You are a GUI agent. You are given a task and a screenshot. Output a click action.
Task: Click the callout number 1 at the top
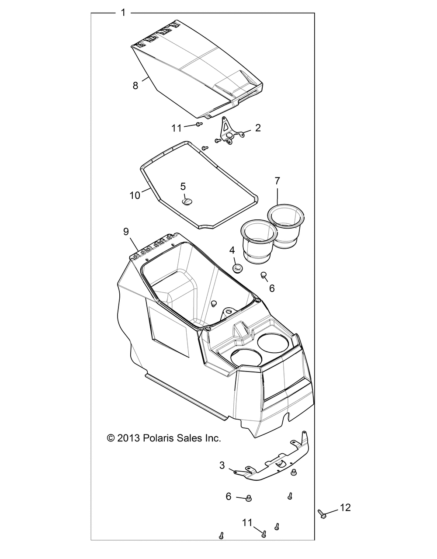click(x=123, y=12)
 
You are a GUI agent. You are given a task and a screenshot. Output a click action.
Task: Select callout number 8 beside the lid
click(x=135, y=85)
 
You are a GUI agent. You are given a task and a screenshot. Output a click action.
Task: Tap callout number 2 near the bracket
click(x=258, y=128)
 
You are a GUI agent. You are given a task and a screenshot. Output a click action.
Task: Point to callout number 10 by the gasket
click(x=135, y=195)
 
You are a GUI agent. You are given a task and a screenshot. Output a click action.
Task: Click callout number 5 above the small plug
click(x=183, y=186)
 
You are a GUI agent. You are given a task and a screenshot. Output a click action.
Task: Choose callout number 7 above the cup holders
click(x=277, y=181)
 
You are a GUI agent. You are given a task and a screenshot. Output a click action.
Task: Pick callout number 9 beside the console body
click(x=126, y=232)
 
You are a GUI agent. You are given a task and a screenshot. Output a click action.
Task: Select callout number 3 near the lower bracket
click(x=222, y=465)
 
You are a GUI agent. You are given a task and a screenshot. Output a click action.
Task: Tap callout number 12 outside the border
click(x=345, y=507)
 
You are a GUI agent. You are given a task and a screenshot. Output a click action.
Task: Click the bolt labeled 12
click(x=322, y=514)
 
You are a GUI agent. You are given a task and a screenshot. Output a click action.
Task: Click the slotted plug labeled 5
click(x=187, y=201)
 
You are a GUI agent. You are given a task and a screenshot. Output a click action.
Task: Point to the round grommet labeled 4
click(x=237, y=268)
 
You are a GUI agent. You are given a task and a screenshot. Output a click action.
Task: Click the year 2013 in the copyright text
click(x=128, y=438)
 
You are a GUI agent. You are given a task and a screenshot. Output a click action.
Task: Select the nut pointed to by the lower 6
click(x=248, y=498)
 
